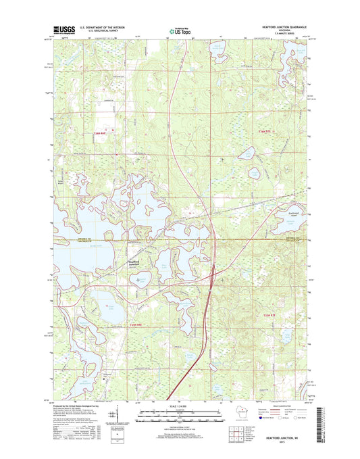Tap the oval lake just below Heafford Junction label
point(141,279)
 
